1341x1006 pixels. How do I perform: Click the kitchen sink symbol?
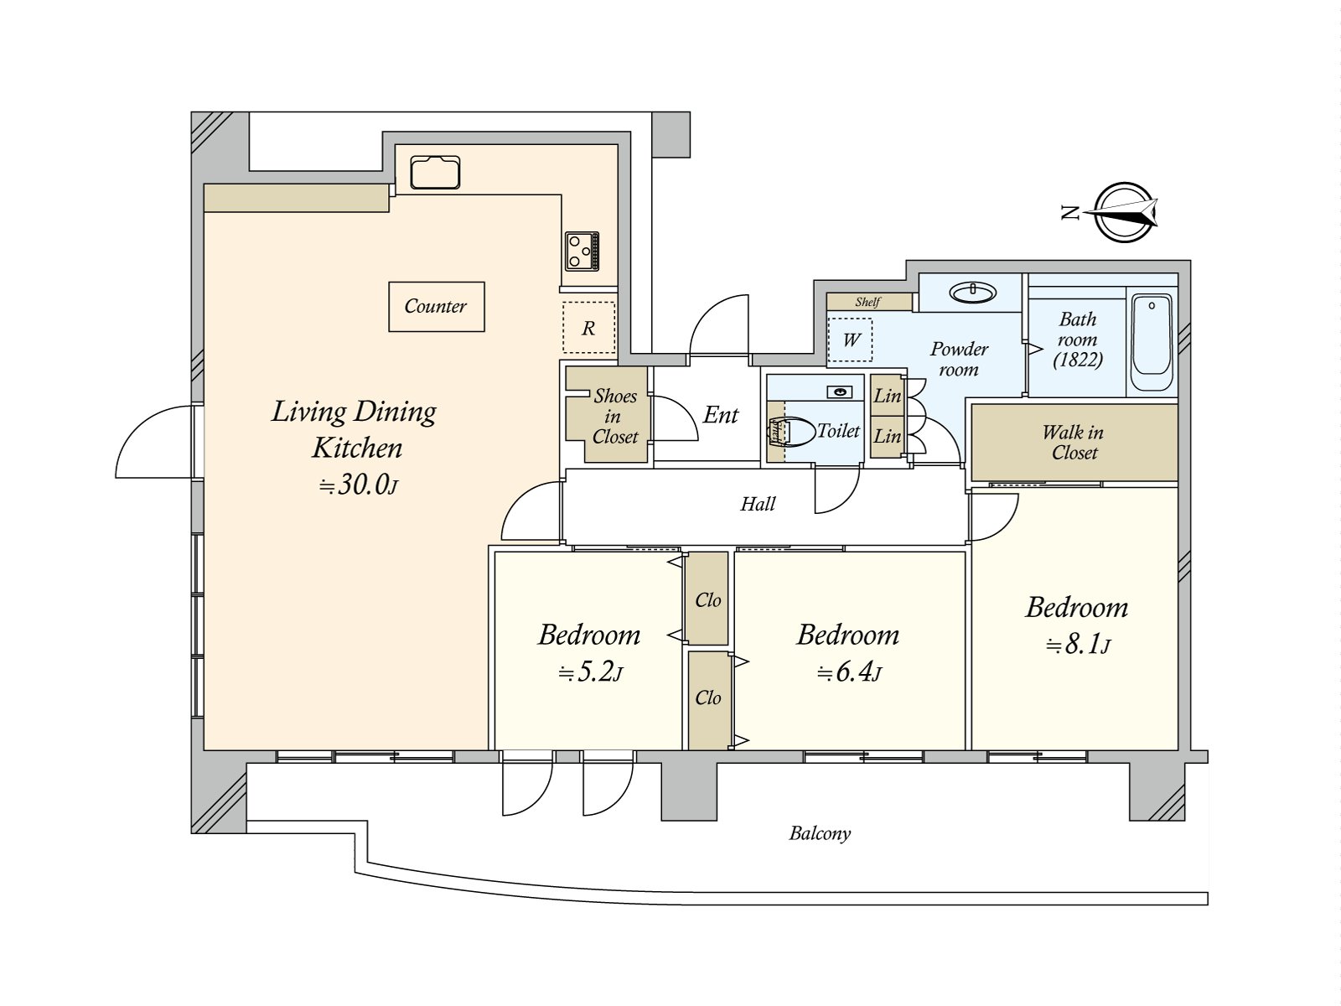pos(435,173)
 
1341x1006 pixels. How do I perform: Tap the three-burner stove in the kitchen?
pos(582,251)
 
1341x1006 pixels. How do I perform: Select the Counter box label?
pos(436,307)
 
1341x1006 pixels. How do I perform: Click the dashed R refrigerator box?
pos(588,328)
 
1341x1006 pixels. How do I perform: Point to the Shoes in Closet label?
pos(614,416)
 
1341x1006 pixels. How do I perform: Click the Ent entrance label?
pos(721,415)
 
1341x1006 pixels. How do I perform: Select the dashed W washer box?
pos(851,340)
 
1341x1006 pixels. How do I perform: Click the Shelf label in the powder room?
pos(867,302)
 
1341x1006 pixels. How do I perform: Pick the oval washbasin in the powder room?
pos(972,293)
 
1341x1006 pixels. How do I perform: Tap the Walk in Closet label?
pos(1074,443)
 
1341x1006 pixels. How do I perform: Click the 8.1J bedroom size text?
pos(1078,645)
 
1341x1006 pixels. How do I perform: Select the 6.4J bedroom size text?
pos(848,672)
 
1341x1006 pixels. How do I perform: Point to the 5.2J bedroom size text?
pos(590,672)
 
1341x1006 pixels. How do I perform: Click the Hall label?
pos(758,504)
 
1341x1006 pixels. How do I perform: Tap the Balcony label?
pos(820,833)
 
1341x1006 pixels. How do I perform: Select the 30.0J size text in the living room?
pos(358,485)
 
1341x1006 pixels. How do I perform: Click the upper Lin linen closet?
pos(887,396)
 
